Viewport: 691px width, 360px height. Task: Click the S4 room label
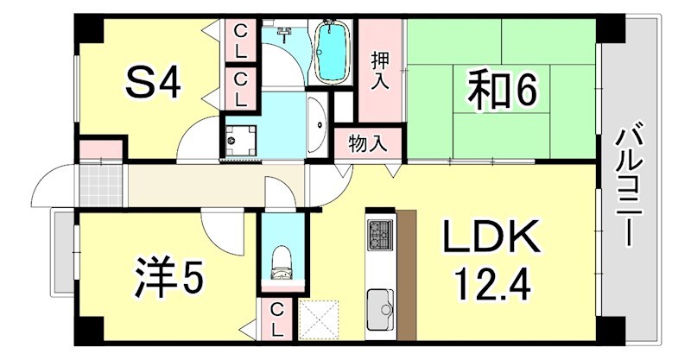coord(153,84)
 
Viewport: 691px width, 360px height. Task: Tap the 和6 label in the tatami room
coord(503,91)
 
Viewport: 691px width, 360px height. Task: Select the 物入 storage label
coord(368,142)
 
